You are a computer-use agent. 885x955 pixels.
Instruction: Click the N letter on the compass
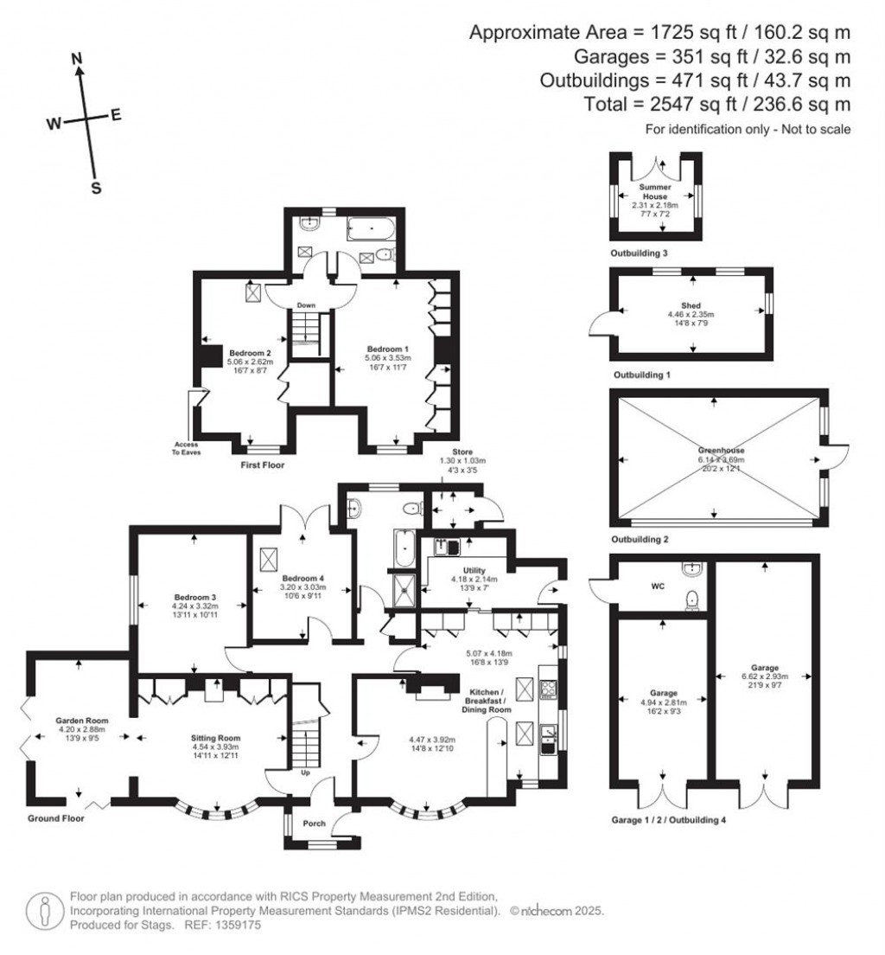pyautogui.click(x=77, y=58)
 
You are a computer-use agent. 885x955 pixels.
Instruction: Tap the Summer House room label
pyautogui.click(x=654, y=191)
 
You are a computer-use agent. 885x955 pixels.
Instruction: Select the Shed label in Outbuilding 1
pyautogui.click(x=693, y=304)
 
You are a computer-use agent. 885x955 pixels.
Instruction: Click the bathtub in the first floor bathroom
pyautogui.click(x=372, y=228)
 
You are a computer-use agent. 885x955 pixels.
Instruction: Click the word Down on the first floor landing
pyautogui.click(x=305, y=305)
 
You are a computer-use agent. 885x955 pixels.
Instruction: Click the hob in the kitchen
pyautogui.click(x=548, y=689)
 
